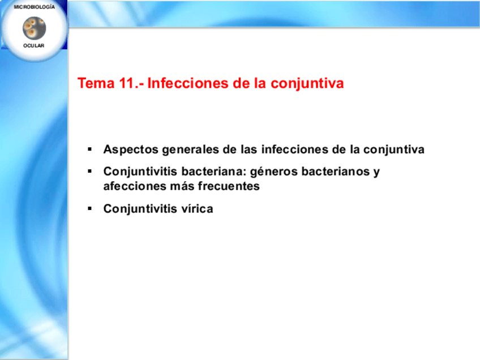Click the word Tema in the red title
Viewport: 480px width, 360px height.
96,83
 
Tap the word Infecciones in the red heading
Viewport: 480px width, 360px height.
188,83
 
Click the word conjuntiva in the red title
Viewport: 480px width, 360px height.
307,84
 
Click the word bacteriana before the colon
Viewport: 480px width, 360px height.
214,172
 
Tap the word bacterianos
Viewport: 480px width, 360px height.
336,172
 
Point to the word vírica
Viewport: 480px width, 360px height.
197,209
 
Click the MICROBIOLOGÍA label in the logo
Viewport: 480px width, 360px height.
35,7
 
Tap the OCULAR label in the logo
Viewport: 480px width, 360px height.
33,46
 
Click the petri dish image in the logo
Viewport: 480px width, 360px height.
35,28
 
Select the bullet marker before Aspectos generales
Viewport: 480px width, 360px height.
89,149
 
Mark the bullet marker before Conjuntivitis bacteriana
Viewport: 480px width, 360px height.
89,172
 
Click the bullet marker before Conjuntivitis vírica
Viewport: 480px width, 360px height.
89,209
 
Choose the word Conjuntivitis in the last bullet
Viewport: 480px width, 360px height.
140,209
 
